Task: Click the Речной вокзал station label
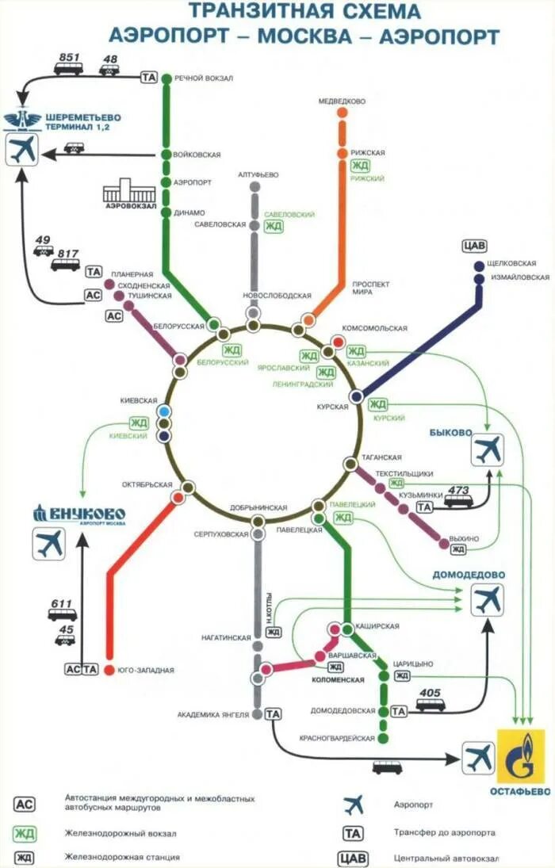(x=204, y=78)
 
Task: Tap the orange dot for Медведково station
(x=343, y=113)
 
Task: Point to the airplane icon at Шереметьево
(x=22, y=150)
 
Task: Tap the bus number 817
(x=68, y=254)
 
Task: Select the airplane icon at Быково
(x=488, y=450)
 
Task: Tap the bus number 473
(x=458, y=490)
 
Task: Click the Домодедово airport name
(x=469, y=574)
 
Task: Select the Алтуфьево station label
(x=258, y=174)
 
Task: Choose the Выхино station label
(x=463, y=538)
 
